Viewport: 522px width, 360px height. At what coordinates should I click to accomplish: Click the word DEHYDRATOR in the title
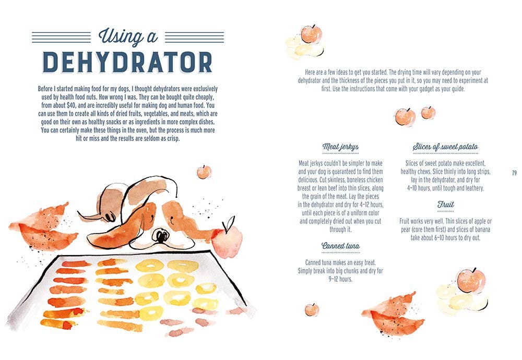click(x=127, y=62)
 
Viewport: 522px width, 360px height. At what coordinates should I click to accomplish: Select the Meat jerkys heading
click(x=340, y=147)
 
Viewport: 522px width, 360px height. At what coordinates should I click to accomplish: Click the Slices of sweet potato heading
click(x=445, y=147)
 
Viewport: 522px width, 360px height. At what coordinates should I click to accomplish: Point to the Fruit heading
click(x=445, y=205)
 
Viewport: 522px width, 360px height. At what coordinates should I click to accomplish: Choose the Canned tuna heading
click(x=340, y=246)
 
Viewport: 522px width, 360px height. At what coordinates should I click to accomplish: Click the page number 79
click(x=514, y=173)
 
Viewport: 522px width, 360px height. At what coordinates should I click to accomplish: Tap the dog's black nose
click(x=161, y=235)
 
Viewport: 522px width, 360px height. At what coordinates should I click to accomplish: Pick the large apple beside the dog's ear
click(x=228, y=239)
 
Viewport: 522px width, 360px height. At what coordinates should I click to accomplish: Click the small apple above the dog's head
click(x=204, y=172)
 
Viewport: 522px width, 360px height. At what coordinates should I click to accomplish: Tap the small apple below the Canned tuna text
click(x=312, y=309)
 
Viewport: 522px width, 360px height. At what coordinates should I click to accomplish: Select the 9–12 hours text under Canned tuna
click(x=340, y=279)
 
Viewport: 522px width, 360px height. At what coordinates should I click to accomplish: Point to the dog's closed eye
click(x=171, y=219)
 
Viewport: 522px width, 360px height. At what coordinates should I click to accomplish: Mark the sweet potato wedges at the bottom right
click(x=393, y=314)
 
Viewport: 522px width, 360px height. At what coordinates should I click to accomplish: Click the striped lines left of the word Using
click(x=61, y=37)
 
